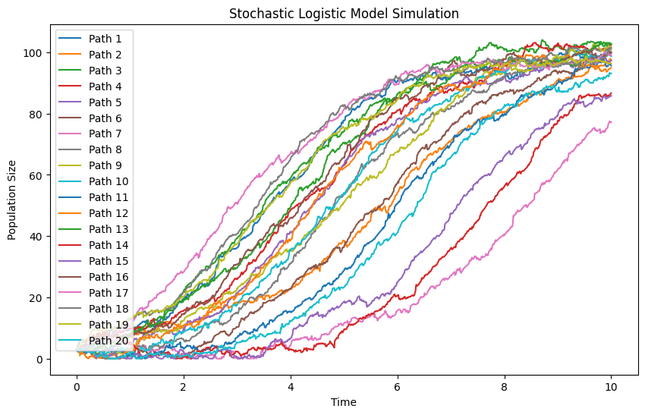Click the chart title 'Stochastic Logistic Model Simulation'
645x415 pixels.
coord(344,14)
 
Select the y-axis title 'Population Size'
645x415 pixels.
coord(11,200)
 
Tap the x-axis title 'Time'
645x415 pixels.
coord(344,402)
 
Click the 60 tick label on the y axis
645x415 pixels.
coord(36,175)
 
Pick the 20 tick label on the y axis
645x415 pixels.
coord(36,297)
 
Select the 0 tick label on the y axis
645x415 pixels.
coord(39,359)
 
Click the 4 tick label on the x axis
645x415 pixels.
coord(291,387)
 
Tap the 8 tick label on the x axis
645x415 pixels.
coord(505,387)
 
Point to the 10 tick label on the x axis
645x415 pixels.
coord(612,387)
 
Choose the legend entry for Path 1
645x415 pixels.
coord(90,39)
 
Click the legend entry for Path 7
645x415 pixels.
coord(90,134)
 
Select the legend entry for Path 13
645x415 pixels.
coord(93,229)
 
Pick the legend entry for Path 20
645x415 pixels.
coord(93,341)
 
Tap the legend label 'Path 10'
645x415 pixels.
coord(109,181)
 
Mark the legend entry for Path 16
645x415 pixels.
coord(93,277)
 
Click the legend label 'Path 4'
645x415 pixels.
coord(105,86)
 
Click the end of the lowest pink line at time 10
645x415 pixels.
coord(612,121)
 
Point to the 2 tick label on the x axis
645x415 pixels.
coord(184,387)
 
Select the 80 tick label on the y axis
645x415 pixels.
coord(36,115)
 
